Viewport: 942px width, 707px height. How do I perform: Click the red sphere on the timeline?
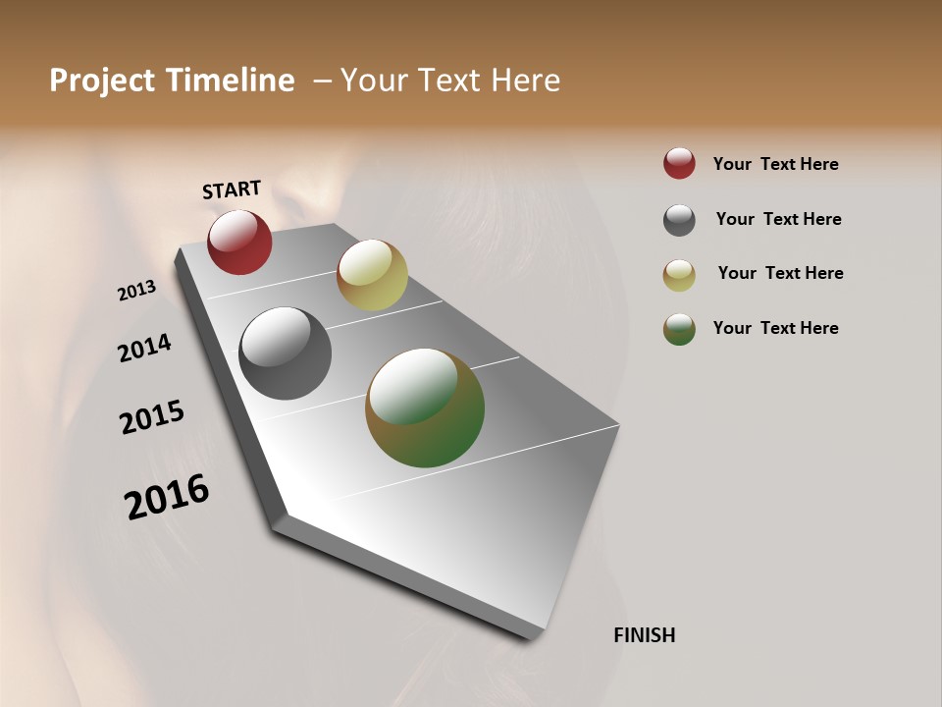(239, 242)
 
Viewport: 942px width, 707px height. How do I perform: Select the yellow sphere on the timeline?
(372, 275)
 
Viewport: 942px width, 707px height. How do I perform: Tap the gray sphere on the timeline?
(286, 353)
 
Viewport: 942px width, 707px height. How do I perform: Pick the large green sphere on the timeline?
(425, 408)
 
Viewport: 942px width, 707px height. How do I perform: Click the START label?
(232, 190)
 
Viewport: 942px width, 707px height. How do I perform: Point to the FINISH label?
(645, 635)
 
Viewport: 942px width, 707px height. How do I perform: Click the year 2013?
(137, 290)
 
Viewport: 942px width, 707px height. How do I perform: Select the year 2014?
(144, 348)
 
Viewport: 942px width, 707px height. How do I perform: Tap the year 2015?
(152, 417)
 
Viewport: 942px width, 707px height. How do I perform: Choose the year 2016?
(167, 496)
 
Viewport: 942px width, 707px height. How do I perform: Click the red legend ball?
(679, 163)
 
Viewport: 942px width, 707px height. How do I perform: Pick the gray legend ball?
(679, 220)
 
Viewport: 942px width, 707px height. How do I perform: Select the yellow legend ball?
(679, 275)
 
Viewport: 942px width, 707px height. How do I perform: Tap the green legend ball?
(679, 329)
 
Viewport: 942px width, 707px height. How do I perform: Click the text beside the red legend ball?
(775, 164)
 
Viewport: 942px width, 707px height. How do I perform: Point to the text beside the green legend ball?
(775, 328)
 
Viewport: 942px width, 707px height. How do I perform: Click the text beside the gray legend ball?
(778, 219)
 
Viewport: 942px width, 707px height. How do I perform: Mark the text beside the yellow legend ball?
(780, 273)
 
